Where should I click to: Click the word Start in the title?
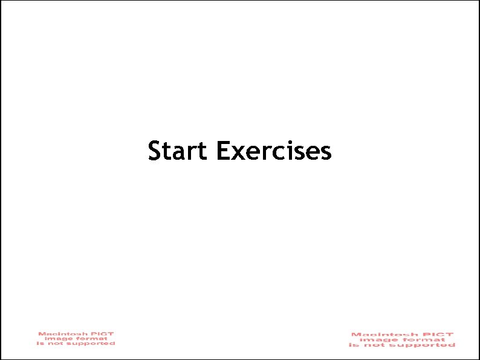tap(177, 151)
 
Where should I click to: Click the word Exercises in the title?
tap(273, 151)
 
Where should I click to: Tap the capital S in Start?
tap(154, 151)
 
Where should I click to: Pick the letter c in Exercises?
tap(283, 152)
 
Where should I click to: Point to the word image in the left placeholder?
tap(57, 338)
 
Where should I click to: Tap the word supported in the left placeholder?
tap(93, 344)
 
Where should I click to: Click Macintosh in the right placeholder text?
tap(379, 335)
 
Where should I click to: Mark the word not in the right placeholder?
tap(377, 345)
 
